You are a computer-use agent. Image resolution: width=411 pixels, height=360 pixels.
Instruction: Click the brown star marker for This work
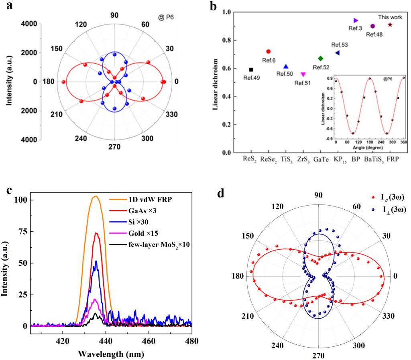pos(390,25)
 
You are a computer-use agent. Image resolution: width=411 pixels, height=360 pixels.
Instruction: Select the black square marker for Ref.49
pos(251,70)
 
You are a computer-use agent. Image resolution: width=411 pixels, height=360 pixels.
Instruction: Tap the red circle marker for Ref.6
pos(269,51)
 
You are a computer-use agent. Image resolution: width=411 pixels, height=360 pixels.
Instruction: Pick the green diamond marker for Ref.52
pos(320,59)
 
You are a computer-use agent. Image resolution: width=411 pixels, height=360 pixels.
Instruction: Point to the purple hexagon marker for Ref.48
pos(372,26)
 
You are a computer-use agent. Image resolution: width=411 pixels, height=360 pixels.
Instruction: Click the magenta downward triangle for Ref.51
pos(303,74)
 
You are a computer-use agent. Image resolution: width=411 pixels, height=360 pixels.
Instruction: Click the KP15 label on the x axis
pos(338,160)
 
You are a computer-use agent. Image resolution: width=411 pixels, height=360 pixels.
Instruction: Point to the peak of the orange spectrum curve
pos(95,196)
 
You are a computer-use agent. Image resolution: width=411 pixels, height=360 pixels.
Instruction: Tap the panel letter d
pos(221,194)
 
